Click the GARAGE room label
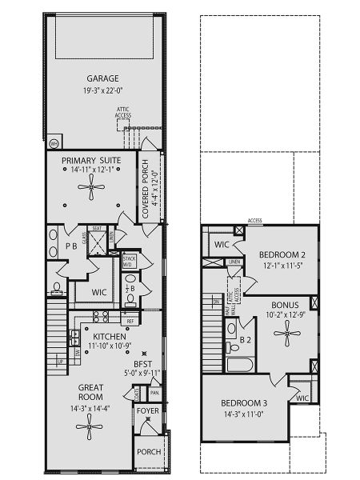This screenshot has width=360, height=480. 102,78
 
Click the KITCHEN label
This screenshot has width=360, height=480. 108,337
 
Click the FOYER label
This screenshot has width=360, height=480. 147,411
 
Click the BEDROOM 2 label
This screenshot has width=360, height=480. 282,255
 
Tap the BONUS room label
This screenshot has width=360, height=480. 285,305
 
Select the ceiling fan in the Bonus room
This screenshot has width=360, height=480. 286,337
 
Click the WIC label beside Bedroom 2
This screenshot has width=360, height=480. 222,244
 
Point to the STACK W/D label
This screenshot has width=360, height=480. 129,262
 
